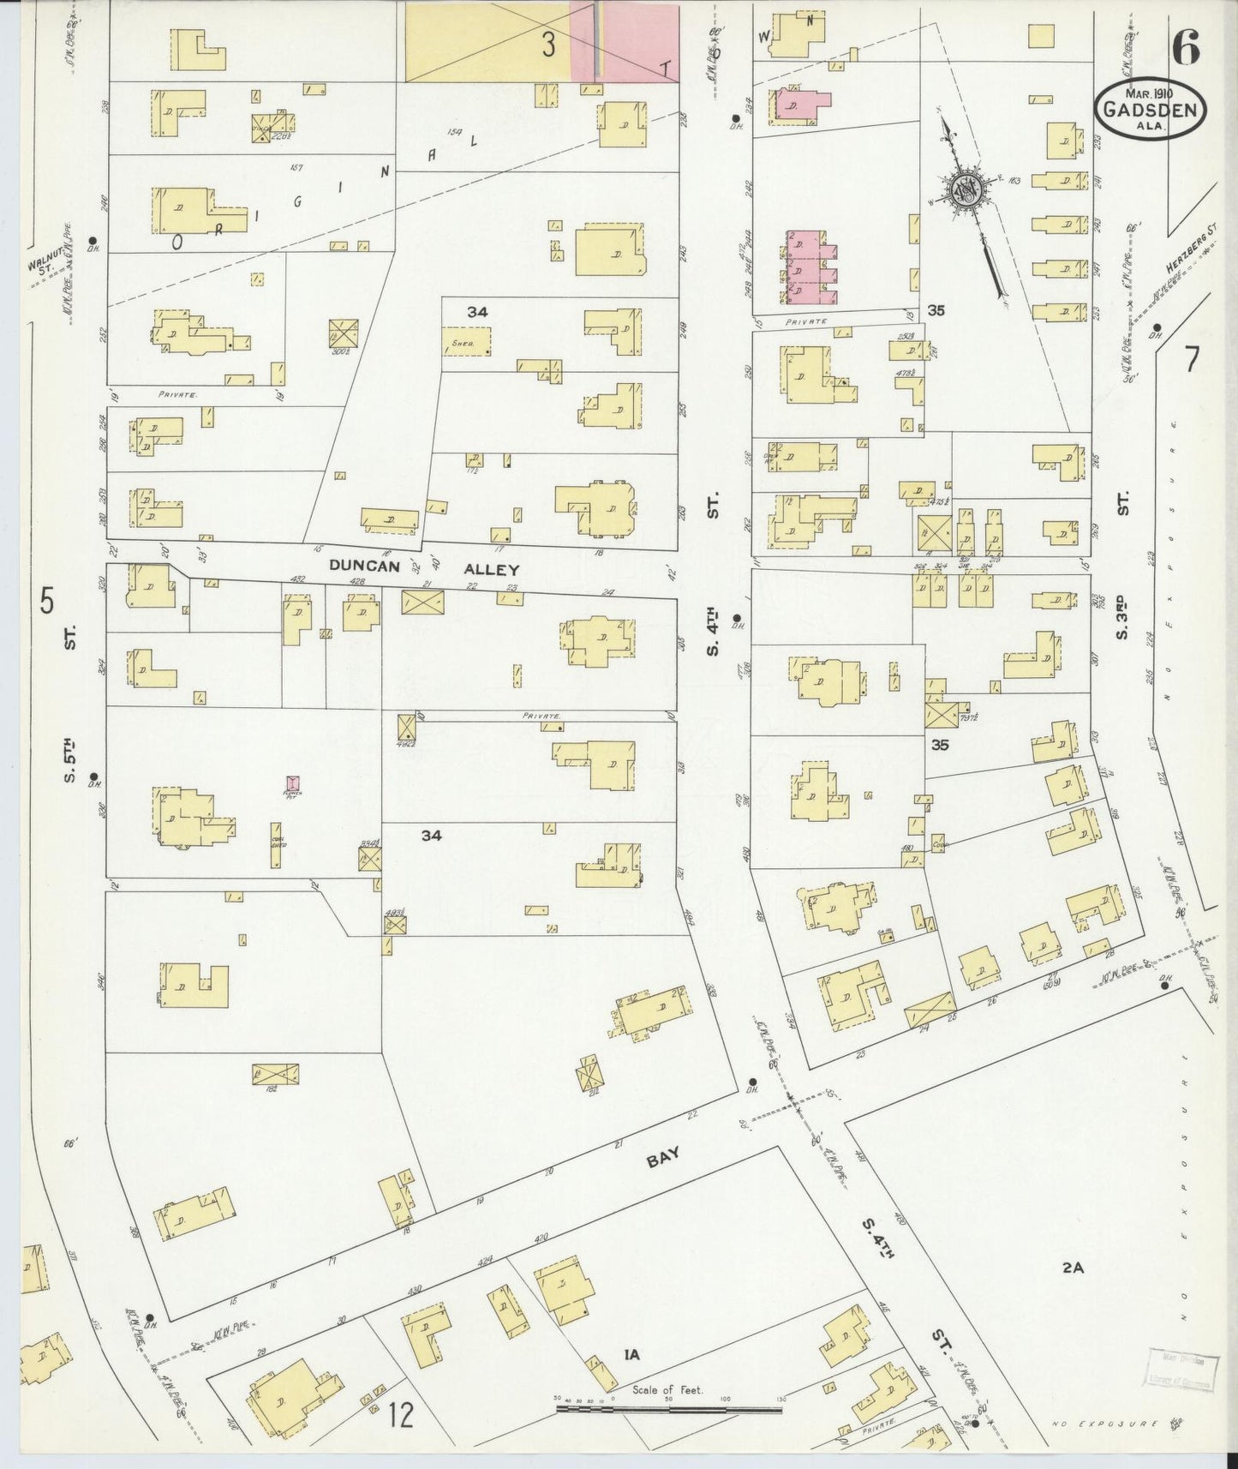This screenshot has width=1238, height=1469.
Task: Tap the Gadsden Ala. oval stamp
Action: [1151, 109]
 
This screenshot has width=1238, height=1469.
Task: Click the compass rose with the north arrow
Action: [965, 194]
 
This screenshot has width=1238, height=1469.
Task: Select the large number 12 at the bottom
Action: [400, 1415]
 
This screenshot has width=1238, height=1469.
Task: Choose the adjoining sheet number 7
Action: [1193, 361]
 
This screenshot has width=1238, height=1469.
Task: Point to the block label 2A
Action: [1073, 1266]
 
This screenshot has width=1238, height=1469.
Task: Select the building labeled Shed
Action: [468, 341]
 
